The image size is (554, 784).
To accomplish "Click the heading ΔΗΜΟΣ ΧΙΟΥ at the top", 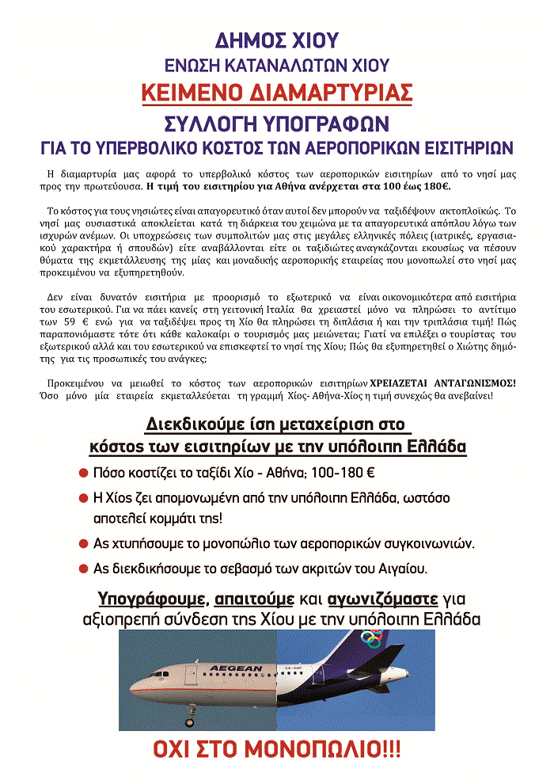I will [x=276, y=40].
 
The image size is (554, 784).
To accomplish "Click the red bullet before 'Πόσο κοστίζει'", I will [x=82, y=473].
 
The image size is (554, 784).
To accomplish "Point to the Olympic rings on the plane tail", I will [x=371, y=637].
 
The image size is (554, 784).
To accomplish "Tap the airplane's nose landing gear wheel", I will [x=189, y=722].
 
